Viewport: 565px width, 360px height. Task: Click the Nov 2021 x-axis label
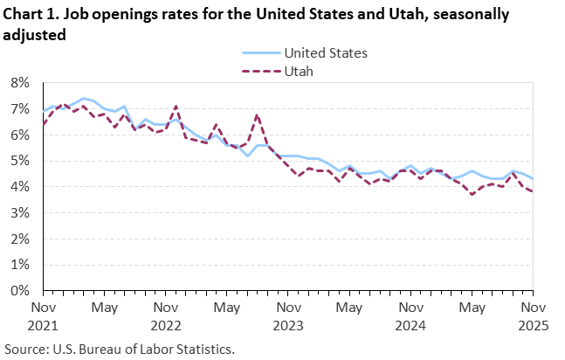pyautogui.click(x=43, y=316)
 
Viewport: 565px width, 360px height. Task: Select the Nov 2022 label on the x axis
pyautogui.click(x=166, y=316)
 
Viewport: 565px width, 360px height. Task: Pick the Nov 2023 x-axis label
pyautogui.click(x=288, y=316)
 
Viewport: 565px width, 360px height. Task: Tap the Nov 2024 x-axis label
pyautogui.click(x=410, y=316)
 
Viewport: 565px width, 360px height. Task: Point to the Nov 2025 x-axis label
pyautogui.click(x=534, y=316)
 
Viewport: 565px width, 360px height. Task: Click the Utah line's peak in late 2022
pyautogui.click(x=176, y=107)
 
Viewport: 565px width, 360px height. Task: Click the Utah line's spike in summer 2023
pyautogui.click(x=258, y=114)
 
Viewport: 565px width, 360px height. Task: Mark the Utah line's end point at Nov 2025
pyautogui.click(x=534, y=191)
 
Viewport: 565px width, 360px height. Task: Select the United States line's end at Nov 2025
pyautogui.click(x=534, y=178)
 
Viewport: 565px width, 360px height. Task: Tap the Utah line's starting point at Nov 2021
pyautogui.click(x=43, y=124)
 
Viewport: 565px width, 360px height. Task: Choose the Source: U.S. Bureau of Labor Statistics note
pyautogui.click(x=119, y=348)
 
